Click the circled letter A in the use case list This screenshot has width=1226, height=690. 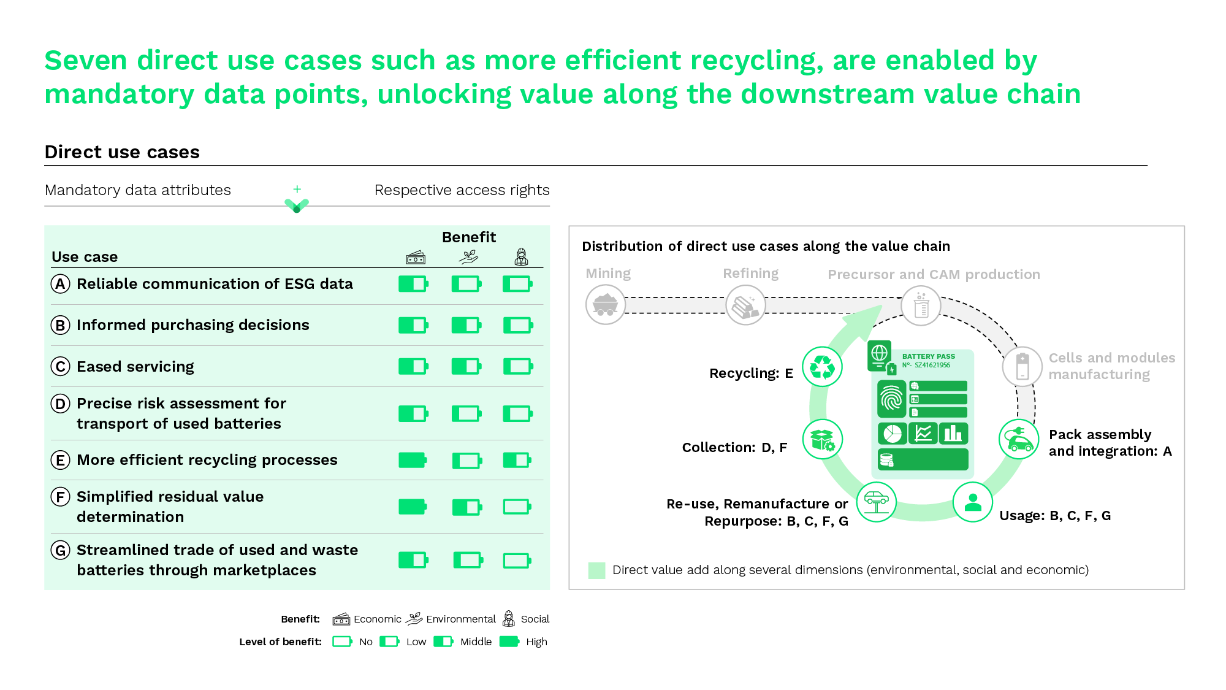point(60,284)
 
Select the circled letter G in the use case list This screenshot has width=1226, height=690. point(60,550)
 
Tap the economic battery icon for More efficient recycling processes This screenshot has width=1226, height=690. point(413,460)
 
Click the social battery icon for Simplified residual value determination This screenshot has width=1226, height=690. point(517,507)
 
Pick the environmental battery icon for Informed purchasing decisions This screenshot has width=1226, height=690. point(466,325)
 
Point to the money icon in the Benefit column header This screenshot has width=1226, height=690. point(416,258)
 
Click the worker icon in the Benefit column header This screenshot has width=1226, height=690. point(521,257)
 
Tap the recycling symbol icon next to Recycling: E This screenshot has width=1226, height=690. point(822,367)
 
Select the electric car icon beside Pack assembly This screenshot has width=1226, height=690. point(1019,439)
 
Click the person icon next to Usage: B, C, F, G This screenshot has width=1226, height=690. point(973,502)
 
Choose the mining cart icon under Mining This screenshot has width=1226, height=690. point(606,304)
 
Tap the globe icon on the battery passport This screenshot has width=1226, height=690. point(880,353)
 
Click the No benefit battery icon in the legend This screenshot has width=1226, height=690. point(342,642)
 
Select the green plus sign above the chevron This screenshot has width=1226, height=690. point(297,189)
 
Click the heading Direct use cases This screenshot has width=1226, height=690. point(122,152)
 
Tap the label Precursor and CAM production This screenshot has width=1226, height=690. point(934,274)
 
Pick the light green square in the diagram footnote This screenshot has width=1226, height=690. point(596,570)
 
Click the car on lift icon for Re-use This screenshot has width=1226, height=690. point(877,502)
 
